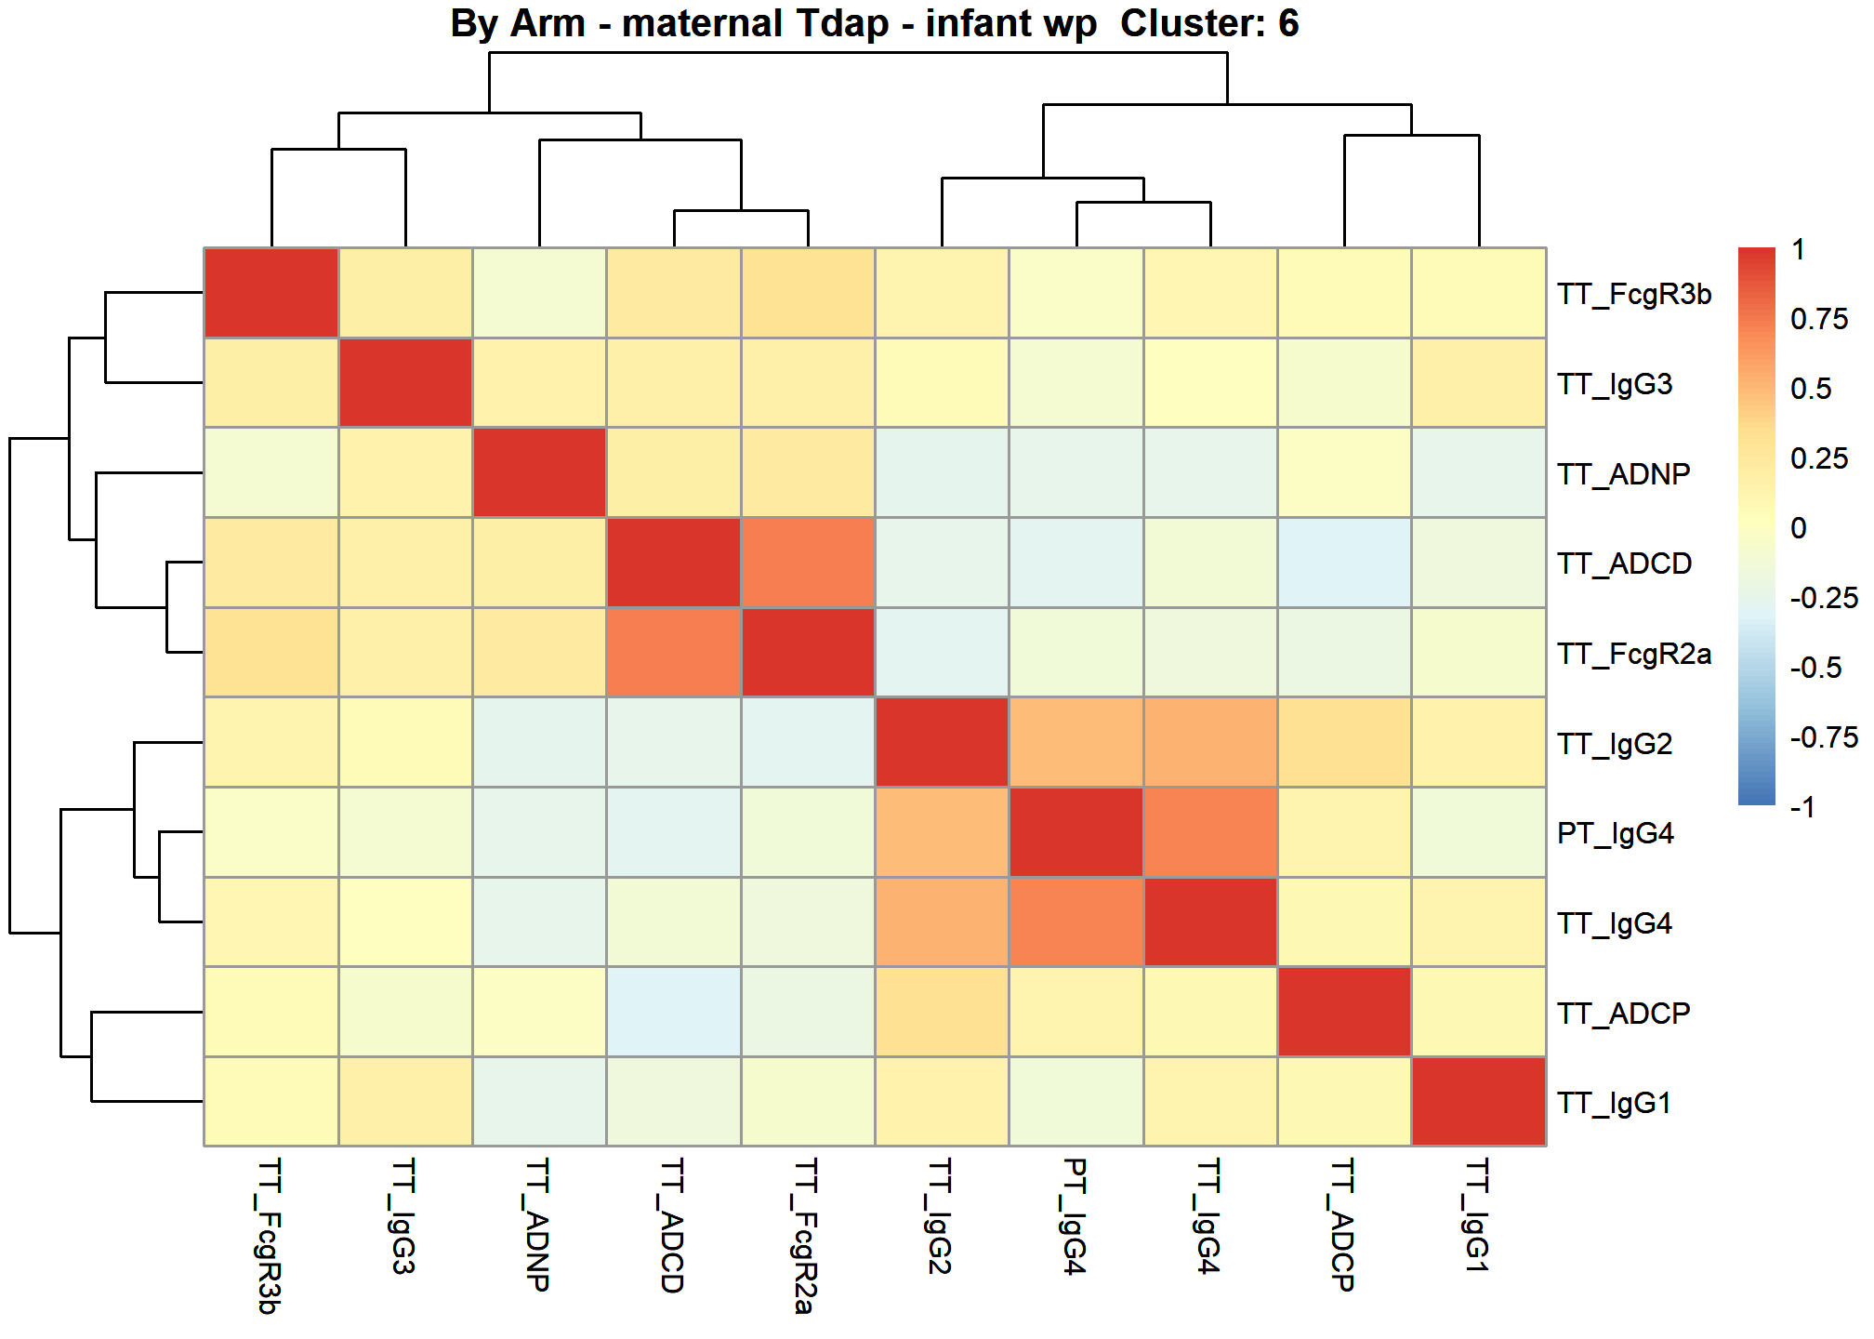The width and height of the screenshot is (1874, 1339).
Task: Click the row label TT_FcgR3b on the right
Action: click(x=1634, y=294)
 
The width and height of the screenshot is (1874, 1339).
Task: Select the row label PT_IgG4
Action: click(x=1616, y=833)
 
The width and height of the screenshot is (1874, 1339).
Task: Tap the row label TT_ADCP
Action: click(x=1624, y=1013)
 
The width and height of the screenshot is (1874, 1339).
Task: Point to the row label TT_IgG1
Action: click(x=1615, y=1103)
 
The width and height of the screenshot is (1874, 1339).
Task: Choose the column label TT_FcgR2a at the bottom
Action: click(x=807, y=1236)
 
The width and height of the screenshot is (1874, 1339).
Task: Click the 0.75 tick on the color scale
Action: click(x=1819, y=319)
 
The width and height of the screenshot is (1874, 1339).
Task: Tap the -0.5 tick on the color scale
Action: click(x=1815, y=668)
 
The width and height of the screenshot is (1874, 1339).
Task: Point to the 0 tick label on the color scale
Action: click(x=1799, y=528)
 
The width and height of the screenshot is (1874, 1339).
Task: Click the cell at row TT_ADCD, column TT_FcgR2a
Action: click(x=808, y=563)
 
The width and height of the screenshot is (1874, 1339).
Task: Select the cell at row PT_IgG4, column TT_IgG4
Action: click(x=1210, y=832)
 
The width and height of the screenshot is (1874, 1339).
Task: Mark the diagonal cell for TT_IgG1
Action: click(x=1479, y=1102)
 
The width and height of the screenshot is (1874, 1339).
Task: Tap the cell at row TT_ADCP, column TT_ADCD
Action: click(x=674, y=1012)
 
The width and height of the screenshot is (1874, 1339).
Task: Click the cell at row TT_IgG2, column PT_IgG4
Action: click(x=1076, y=742)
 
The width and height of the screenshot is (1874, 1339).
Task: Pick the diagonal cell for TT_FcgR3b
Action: click(x=271, y=293)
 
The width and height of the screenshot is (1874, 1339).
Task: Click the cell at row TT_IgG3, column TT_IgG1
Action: click(x=1479, y=383)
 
